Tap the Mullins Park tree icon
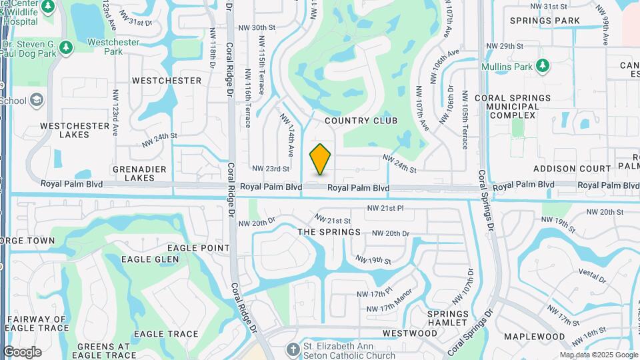pyautogui.click(x=543, y=65)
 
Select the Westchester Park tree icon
pyautogui.click(x=65, y=47)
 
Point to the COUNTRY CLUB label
pyautogui.click(x=361, y=121)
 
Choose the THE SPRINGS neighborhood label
pyautogui.click(x=329, y=232)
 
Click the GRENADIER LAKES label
pyautogui.click(x=139, y=173)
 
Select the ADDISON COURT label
pyautogui.click(x=572, y=169)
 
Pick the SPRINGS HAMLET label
pyautogui.click(x=447, y=318)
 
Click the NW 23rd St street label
pyautogui.click(x=271, y=169)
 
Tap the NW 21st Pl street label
pyautogui.click(x=385, y=209)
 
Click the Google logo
pyautogui.click(x=22, y=352)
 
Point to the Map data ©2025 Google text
pyautogui.click(x=598, y=355)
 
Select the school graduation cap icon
pyautogui.click(x=37, y=101)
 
